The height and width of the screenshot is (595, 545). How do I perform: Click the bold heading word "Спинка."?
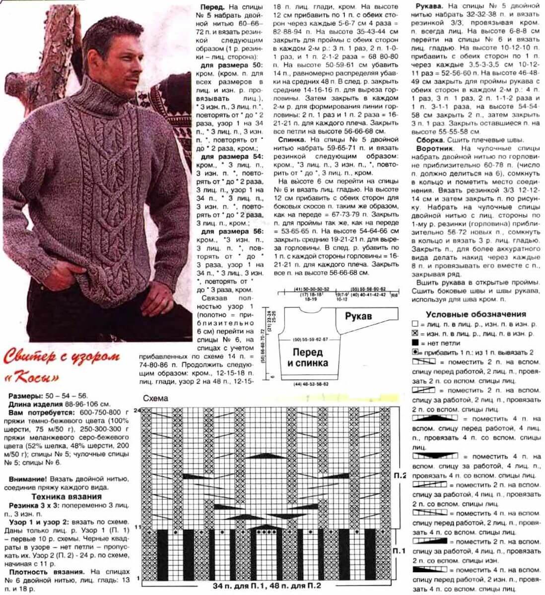292,140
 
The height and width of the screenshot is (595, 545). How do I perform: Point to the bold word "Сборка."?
430,140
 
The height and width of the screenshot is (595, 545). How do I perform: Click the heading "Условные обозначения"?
476,314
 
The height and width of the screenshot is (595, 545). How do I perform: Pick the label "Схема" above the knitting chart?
155,398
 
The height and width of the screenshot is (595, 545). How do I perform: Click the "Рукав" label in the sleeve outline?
359,315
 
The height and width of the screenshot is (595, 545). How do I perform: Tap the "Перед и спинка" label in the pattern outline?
307,357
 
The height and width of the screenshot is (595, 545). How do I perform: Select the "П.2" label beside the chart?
400,476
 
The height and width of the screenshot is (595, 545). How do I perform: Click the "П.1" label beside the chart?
399,551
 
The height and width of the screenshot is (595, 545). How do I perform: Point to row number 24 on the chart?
137,410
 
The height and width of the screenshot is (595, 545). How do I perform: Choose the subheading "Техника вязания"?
67,496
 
